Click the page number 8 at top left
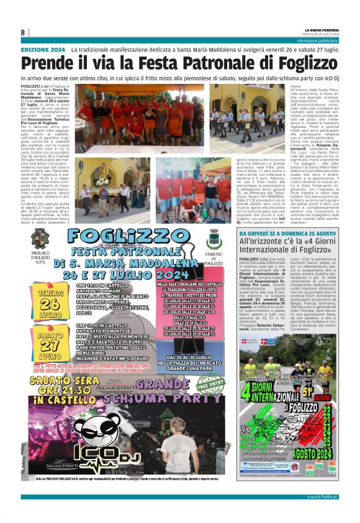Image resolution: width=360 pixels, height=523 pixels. point(23,32)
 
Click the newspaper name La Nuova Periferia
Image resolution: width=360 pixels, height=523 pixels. point(322,30)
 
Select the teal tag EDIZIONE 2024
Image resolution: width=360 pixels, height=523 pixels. point(43,49)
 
